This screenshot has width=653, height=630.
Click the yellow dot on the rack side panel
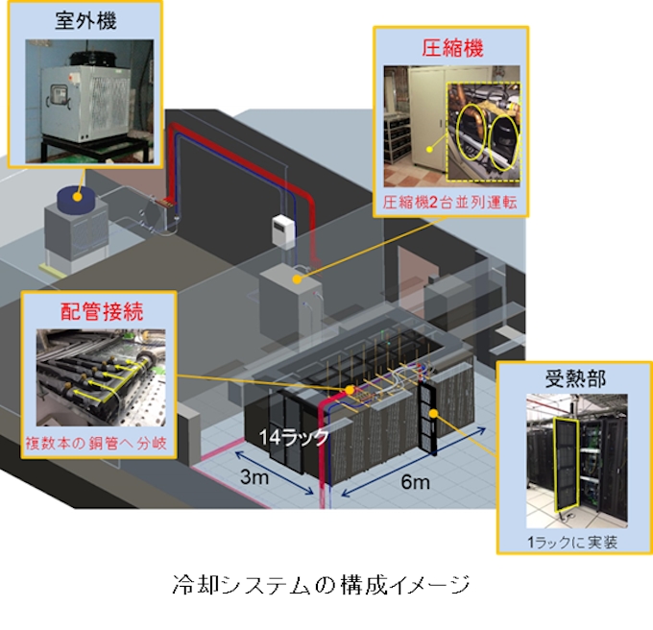click(x=434, y=413)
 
